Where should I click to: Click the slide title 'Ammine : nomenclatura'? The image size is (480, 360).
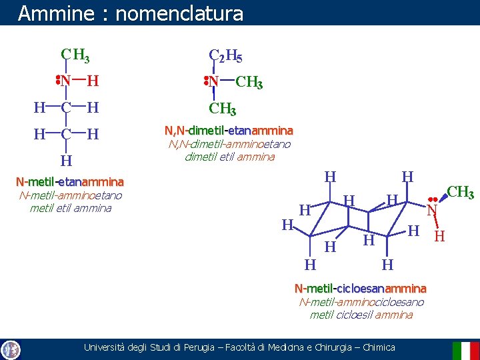click(131, 13)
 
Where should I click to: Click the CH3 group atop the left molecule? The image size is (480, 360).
click(75, 55)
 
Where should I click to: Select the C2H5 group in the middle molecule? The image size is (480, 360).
click(225, 55)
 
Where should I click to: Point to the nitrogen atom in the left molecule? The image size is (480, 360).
click(66, 81)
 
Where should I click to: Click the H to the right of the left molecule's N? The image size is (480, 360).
click(93, 81)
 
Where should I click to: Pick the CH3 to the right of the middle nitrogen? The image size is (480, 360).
click(249, 83)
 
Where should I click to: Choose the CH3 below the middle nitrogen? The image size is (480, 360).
click(223, 108)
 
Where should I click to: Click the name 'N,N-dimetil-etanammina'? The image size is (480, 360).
click(229, 131)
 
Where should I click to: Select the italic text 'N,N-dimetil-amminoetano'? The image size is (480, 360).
click(229, 144)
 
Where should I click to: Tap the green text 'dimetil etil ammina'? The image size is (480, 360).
click(230, 157)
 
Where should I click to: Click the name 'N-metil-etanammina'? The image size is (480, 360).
click(70, 181)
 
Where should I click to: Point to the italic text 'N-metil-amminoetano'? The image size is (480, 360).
click(71, 195)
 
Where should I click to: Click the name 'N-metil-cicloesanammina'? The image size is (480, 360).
click(360, 289)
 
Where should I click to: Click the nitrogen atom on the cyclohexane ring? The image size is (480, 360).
click(432, 211)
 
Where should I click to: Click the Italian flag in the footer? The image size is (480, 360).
click(465, 350)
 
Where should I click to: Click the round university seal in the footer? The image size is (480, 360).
click(11, 349)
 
